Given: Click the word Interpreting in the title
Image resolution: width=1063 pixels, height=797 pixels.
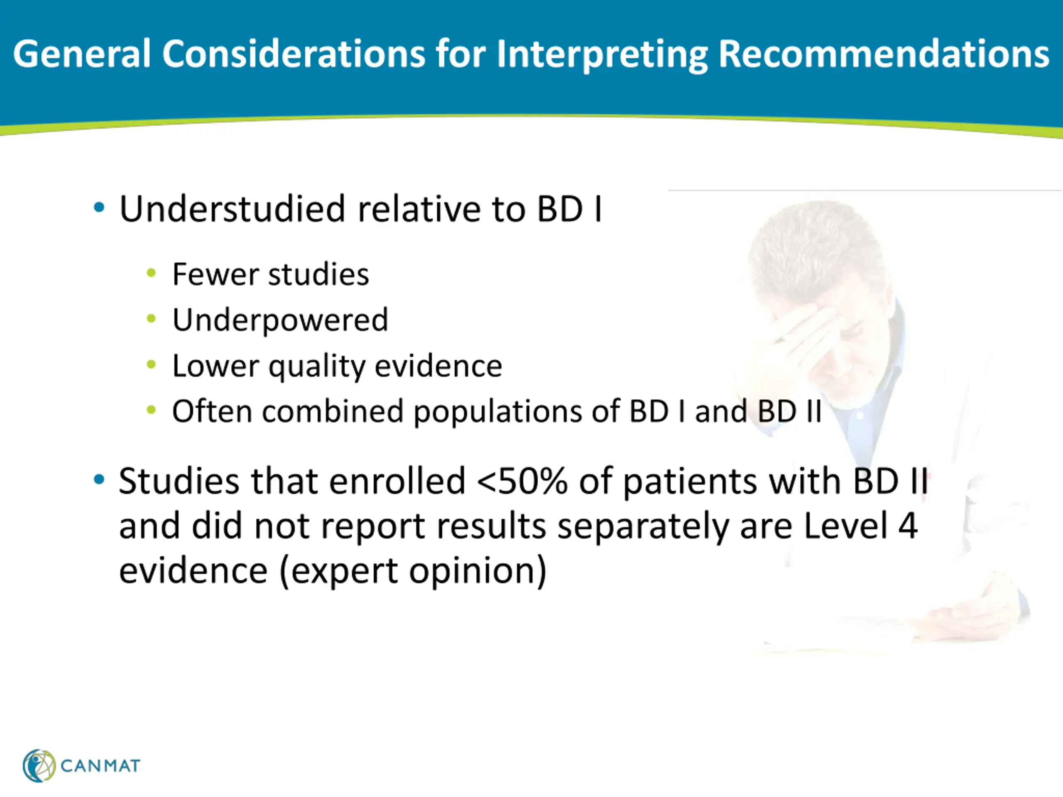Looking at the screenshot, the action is pyautogui.click(x=603, y=54).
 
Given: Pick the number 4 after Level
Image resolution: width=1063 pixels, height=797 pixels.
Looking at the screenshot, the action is pyautogui.click(x=908, y=526).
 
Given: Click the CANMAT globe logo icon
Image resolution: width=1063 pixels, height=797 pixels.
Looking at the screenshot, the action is pyautogui.click(x=39, y=765).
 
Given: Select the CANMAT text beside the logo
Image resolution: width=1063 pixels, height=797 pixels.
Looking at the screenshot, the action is pyautogui.click(x=100, y=766).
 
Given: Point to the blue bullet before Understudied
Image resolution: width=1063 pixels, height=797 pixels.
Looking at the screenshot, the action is pyautogui.click(x=99, y=208).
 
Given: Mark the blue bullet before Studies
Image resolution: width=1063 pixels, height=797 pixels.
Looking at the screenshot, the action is pyautogui.click(x=99, y=479).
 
